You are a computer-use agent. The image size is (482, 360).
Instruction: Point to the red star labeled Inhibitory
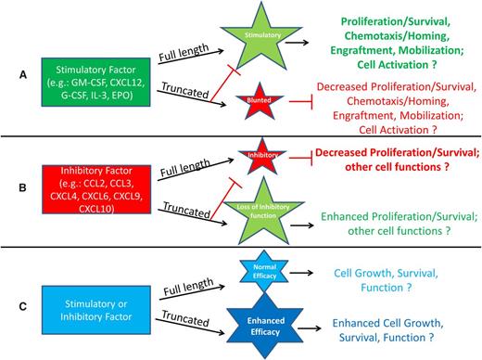pyautogui.click(x=255, y=153)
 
